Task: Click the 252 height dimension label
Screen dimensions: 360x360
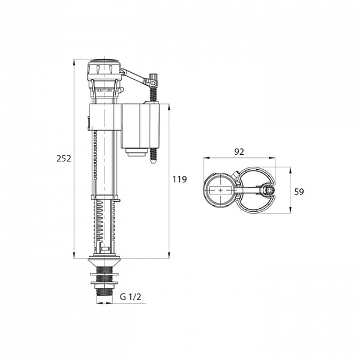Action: [x=64, y=158]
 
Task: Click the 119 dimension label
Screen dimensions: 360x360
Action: [x=180, y=179]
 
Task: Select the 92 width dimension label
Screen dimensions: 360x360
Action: [x=239, y=152]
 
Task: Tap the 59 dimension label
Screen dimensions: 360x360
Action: [x=299, y=192]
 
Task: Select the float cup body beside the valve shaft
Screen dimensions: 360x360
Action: [x=140, y=125]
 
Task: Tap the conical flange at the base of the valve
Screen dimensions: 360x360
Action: [x=104, y=261]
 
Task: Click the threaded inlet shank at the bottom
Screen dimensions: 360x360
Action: [x=104, y=283]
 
